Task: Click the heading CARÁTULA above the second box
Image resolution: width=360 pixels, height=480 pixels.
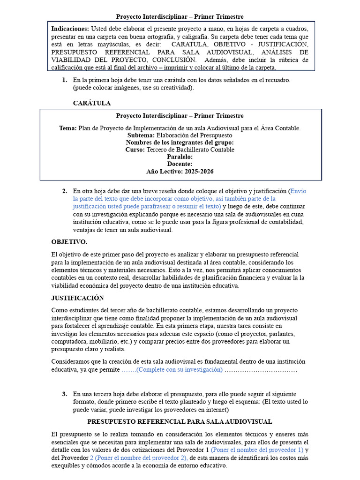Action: tap(92, 103)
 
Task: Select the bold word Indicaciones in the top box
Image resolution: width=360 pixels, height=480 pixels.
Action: tap(69, 29)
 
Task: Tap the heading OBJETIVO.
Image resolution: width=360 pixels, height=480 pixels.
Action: tap(69, 242)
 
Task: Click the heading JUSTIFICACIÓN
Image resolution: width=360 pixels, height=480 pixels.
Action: tap(77, 298)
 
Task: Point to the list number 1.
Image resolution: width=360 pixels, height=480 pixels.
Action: tap(64, 80)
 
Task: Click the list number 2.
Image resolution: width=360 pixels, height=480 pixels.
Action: tap(64, 191)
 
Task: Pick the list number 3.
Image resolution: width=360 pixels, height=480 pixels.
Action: tap(64, 394)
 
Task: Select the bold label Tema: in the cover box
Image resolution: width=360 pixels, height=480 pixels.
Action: tap(68, 128)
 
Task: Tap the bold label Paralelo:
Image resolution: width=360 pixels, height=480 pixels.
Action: tap(180, 157)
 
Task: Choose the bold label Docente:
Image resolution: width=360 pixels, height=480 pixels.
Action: tap(180, 164)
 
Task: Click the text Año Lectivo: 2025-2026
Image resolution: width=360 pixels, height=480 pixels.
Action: tap(180, 172)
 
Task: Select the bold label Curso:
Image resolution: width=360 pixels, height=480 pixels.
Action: tap(135, 150)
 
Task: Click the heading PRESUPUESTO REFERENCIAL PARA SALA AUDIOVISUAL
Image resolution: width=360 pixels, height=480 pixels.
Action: tap(180, 422)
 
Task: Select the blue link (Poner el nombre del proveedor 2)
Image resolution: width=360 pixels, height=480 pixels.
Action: tap(139, 458)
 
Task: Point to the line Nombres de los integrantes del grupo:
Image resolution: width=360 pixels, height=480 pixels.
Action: tap(180, 142)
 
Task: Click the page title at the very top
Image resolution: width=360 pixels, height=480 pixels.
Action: tap(180, 17)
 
